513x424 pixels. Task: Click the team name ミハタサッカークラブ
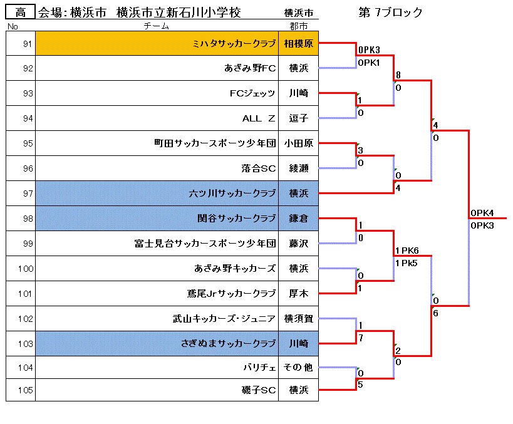pyautogui.click(x=234, y=43)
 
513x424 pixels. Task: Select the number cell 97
pyautogui.click(x=21, y=194)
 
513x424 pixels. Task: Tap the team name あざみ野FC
pyautogui.click(x=250, y=68)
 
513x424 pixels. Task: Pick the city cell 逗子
pyautogui.click(x=298, y=118)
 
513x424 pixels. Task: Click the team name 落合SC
pyautogui.click(x=259, y=168)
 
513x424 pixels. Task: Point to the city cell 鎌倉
pyautogui.click(x=298, y=218)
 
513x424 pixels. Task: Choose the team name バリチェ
pyautogui.click(x=259, y=368)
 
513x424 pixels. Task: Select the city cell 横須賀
pyautogui.click(x=298, y=318)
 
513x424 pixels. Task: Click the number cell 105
pyautogui.click(x=21, y=390)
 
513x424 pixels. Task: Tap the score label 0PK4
pyautogui.click(x=482, y=213)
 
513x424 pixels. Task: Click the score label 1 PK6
pyautogui.click(x=407, y=251)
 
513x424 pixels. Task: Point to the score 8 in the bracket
pyautogui.click(x=398, y=75)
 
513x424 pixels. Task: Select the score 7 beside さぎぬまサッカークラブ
pyautogui.click(x=361, y=338)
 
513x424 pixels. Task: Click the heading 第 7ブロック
pyautogui.click(x=390, y=13)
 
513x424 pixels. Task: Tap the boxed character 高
pyautogui.click(x=20, y=13)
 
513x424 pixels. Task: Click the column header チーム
pyautogui.click(x=157, y=26)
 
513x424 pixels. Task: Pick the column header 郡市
pyautogui.click(x=298, y=26)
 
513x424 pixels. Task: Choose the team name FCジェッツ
pyautogui.click(x=252, y=93)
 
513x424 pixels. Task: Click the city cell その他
pyautogui.click(x=298, y=368)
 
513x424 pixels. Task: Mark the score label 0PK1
pyautogui.click(x=369, y=63)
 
